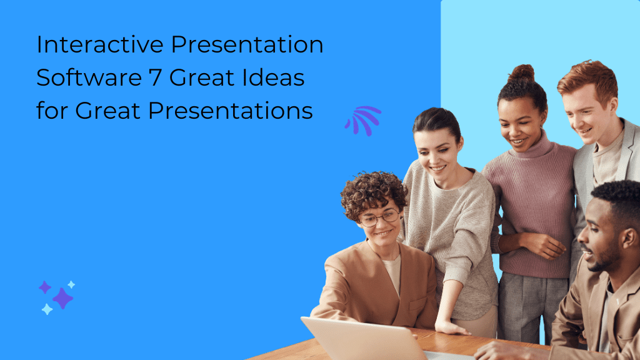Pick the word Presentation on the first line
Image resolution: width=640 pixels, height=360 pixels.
coord(246,46)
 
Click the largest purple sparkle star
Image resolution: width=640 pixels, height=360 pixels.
coord(62,298)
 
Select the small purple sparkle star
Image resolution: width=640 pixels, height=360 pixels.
coord(44,287)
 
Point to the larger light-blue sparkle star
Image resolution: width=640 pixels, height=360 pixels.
coord(47,309)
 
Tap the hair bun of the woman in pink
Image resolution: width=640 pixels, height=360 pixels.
coord(521,74)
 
